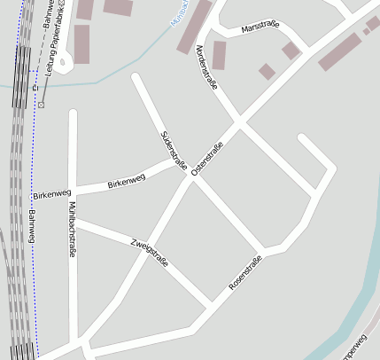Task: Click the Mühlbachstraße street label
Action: pyautogui.click(x=71, y=230)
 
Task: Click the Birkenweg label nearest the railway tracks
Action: pyautogui.click(x=50, y=193)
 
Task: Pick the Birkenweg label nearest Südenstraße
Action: pyautogui.click(x=126, y=181)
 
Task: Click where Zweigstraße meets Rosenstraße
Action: pyautogui.click(x=210, y=307)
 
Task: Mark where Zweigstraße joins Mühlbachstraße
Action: pyautogui.click(x=74, y=222)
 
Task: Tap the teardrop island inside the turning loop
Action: pyautogui.click(x=61, y=62)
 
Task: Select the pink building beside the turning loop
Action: pyautogui.click(x=81, y=42)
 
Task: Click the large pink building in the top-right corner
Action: pyautogui.click(x=339, y=51)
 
